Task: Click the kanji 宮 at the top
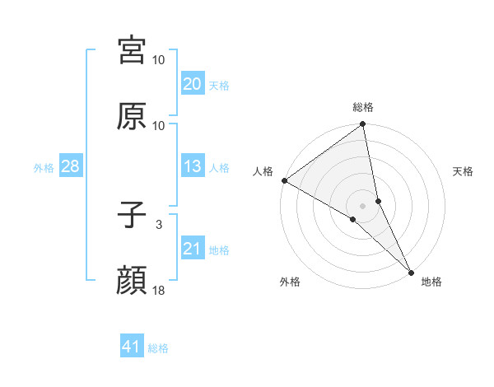(x=132, y=50)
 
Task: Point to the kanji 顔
(x=132, y=281)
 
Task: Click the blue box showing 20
(x=192, y=84)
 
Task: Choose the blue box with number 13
(x=192, y=166)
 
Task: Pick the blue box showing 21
(x=192, y=249)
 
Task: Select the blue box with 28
(x=70, y=166)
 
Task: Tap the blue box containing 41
(x=132, y=347)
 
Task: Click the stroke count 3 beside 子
(x=159, y=224)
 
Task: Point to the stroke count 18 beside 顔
(x=159, y=290)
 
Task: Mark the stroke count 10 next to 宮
(x=159, y=59)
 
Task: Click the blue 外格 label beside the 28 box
(x=44, y=167)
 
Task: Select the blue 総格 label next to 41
(x=158, y=347)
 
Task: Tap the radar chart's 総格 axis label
(x=363, y=107)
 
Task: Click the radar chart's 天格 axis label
(x=463, y=171)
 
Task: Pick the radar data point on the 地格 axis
(x=411, y=271)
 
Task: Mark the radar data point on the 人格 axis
(x=284, y=180)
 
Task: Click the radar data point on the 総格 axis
(x=363, y=125)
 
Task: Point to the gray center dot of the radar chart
(x=363, y=205)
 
